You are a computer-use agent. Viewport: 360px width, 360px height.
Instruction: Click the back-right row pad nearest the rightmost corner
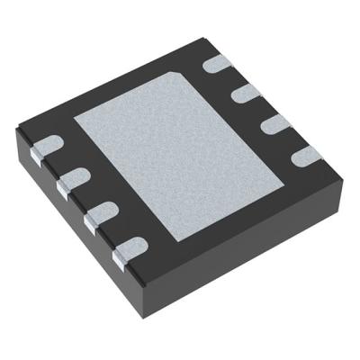click(x=302, y=154)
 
